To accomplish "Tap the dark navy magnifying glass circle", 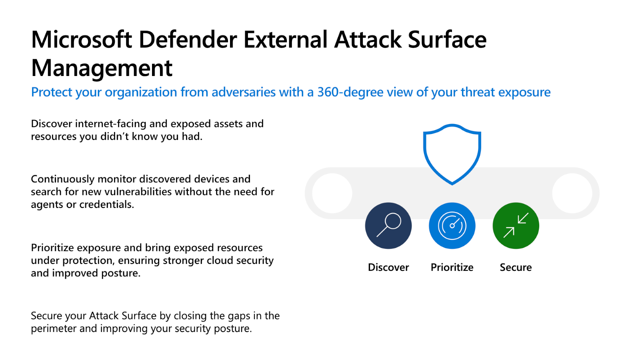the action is coord(388,226).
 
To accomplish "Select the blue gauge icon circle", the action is coord(452,226).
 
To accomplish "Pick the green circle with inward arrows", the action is coord(516,226).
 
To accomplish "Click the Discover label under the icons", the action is coord(388,268).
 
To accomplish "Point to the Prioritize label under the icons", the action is coord(452,268).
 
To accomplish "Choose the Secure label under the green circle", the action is coord(516,268).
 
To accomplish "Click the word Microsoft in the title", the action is coord(82,40).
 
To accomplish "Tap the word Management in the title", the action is coord(102,68).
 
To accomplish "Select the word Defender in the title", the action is coord(188,40).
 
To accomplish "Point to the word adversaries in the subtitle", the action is coord(244,92).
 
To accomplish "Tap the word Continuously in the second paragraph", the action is coord(62,179).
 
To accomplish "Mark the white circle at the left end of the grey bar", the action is coord(332,194).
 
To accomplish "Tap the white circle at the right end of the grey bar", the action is coord(572,194).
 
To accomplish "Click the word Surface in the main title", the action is coord(447,40).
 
